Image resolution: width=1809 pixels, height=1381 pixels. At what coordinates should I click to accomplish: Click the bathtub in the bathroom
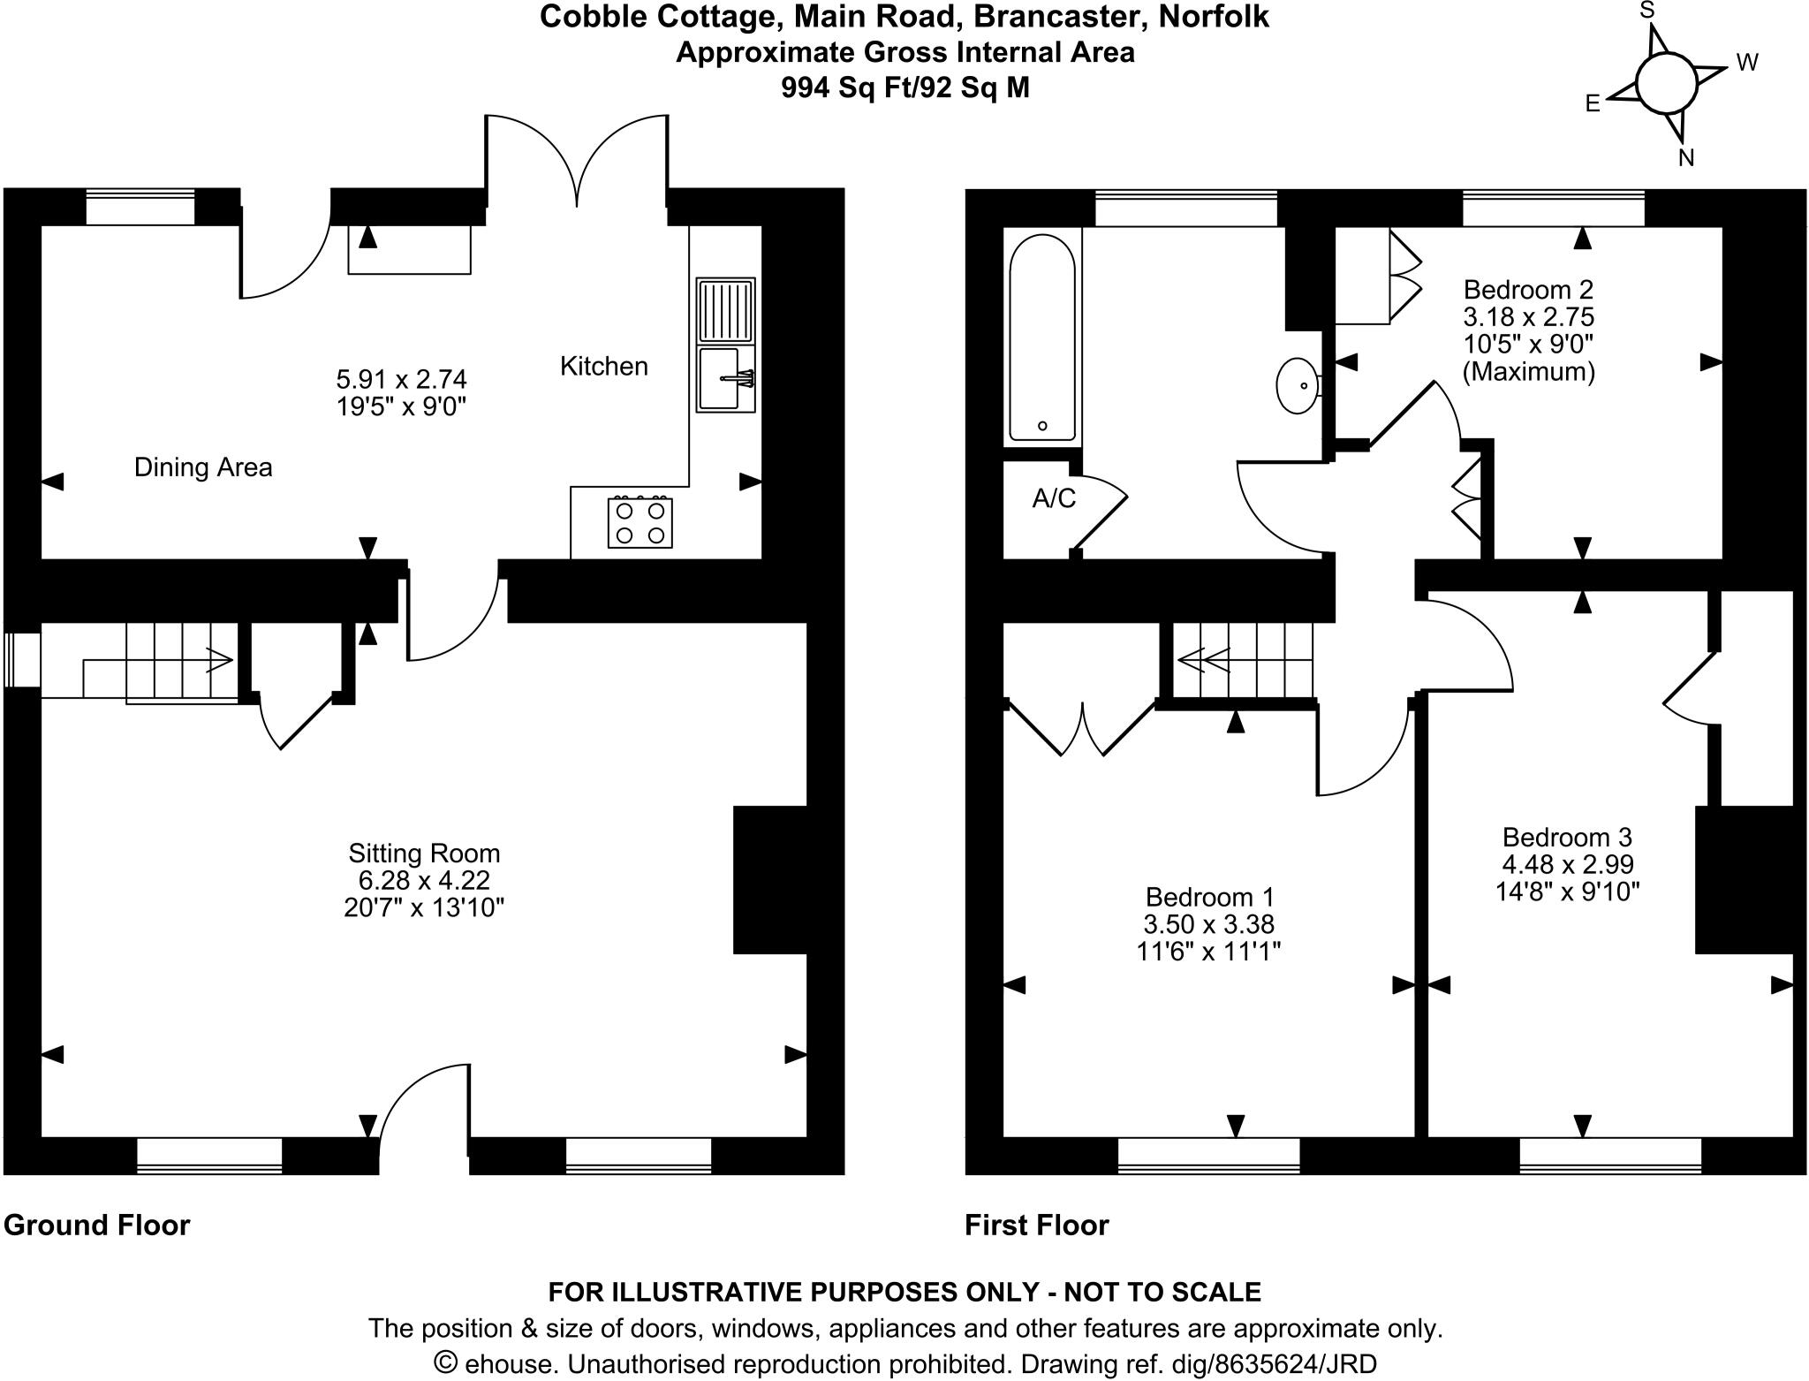click(1042, 338)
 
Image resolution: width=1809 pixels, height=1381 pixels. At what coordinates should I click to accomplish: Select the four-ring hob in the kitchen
click(640, 523)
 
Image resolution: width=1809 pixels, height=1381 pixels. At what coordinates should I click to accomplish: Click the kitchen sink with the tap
click(725, 379)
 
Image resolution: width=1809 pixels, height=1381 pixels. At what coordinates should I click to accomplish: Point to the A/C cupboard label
click(1054, 499)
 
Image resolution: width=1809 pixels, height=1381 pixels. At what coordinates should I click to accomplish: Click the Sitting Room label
click(424, 854)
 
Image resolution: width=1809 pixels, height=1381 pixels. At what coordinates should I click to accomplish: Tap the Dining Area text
click(203, 467)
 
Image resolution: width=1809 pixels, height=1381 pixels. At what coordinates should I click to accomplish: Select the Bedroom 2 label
click(1528, 290)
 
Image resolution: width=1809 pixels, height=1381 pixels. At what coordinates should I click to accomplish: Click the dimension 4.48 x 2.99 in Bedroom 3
click(1568, 864)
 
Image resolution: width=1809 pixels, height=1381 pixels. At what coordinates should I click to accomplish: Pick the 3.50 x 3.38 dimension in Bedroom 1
click(1209, 924)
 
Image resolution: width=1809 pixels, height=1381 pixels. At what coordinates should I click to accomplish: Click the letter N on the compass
click(1686, 158)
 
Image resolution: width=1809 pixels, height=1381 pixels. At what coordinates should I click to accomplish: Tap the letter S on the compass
click(1646, 11)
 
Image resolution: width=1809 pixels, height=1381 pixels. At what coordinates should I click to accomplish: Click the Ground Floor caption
click(97, 1225)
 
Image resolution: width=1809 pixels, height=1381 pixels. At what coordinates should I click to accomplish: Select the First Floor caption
click(1036, 1225)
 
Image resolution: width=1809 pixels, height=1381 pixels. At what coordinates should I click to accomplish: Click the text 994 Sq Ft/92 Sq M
click(904, 88)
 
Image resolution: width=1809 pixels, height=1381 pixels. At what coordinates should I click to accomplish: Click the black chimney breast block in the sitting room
click(769, 880)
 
